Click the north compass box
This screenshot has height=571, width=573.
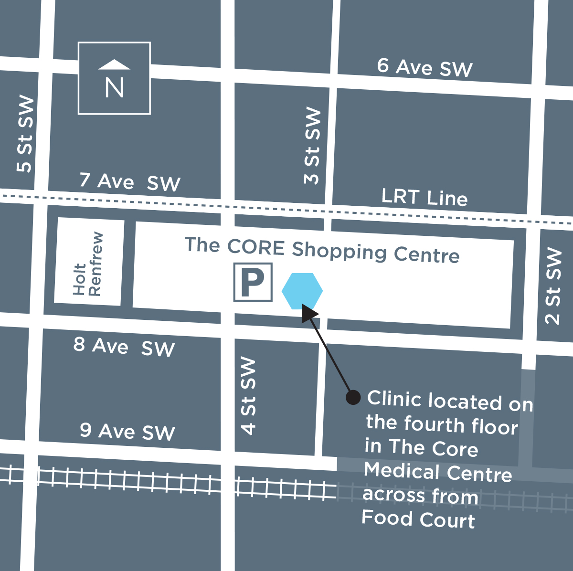pyautogui.click(x=114, y=78)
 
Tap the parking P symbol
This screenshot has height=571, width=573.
pyautogui.click(x=253, y=282)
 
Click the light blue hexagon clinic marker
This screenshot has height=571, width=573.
pyautogui.click(x=302, y=291)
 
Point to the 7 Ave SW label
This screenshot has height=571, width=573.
pyautogui.click(x=130, y=182)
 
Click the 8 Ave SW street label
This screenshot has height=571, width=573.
pyautogui.click(x=124, y=347)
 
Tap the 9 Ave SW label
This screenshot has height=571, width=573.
pyautogui.click(x=127, y=432)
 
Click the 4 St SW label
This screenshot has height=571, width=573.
pyautogui.click(x=248, y=396)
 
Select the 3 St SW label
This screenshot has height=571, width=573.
pyautogui.click(x=312, y=146)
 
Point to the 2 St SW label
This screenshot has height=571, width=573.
pyautogui.click(x=553, y=286)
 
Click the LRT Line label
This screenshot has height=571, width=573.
pyautogui.click(x=424, y=197)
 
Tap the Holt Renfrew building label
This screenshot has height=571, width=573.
pyautogui.click(x=88, y=264)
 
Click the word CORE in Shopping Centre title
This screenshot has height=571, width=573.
pyautogui.click(x=256, y=247)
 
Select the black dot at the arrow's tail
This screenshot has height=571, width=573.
pyautogui.click(x=353, y=397)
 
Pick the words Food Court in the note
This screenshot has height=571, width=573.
pyautogui.click(x=418, y=519)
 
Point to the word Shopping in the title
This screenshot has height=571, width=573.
pyautogui.click(x=339, y=251)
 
